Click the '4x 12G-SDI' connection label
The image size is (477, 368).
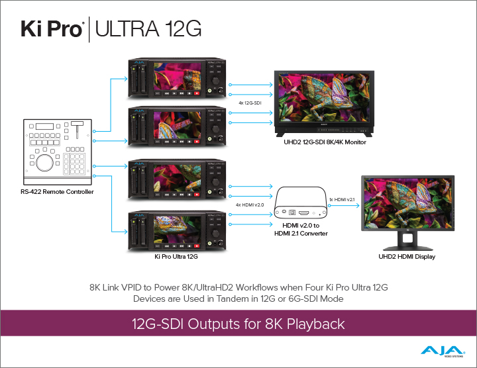250,103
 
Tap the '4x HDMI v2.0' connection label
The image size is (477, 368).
250,205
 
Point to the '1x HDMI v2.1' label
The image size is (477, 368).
342,200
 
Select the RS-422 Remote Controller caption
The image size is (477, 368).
57,192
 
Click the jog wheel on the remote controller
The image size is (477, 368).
45,163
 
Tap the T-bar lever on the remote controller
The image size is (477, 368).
77,129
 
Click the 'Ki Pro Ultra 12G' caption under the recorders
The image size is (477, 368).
176,257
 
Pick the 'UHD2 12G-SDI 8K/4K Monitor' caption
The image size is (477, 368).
325,142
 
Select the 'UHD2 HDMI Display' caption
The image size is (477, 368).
407,257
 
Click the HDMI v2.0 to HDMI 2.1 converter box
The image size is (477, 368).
301,203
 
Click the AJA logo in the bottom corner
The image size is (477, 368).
443,351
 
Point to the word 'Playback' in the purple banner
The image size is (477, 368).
316,324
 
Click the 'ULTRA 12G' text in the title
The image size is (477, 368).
148,29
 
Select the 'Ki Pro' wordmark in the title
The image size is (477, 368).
52,29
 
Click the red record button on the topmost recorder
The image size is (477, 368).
197,93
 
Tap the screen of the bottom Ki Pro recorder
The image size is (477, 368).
177,229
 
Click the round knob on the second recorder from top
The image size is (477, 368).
216,129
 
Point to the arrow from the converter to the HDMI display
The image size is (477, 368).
344,206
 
